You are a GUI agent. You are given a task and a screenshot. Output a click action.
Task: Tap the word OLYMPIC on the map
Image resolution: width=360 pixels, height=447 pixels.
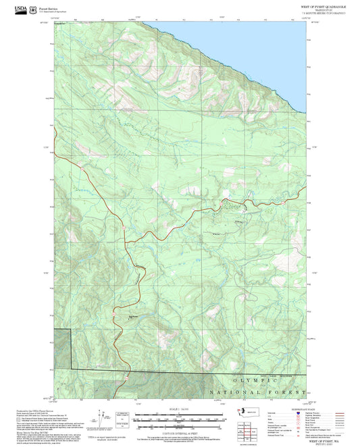pyautogui.click(x=249, y=380)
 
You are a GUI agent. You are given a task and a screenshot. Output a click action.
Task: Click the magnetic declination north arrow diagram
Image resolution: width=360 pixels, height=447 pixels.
pyautogui.click(x=103, y=417)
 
